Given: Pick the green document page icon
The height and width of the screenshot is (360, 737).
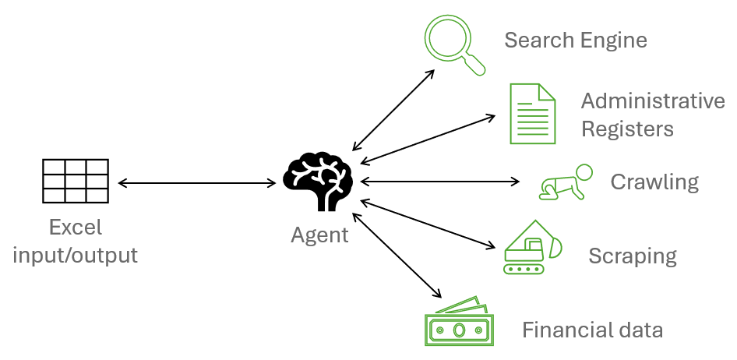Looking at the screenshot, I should [x=532, y=114].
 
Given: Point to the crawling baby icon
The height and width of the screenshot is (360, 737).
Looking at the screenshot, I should [x=566, y=182].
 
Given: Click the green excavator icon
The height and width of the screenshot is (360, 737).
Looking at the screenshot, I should [x=532, y=246].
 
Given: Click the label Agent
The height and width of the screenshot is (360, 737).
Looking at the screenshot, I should [x=319, y=235].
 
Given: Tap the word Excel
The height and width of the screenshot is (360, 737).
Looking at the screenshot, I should [x=75, y=228].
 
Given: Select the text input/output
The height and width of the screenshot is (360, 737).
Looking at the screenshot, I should [x=76, y=255].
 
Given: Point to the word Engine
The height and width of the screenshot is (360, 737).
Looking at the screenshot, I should [x=612, y=41].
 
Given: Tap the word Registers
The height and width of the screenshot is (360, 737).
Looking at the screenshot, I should [x=627, y=128].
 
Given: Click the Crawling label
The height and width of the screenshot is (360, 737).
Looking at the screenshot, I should [x=654, y=182].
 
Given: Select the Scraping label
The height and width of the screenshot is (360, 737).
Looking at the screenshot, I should [x=632, y=256].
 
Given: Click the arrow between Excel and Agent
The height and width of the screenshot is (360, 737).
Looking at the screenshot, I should [x=196, y=184].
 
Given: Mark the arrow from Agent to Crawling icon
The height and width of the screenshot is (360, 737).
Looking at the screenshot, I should [x=440, y=182].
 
